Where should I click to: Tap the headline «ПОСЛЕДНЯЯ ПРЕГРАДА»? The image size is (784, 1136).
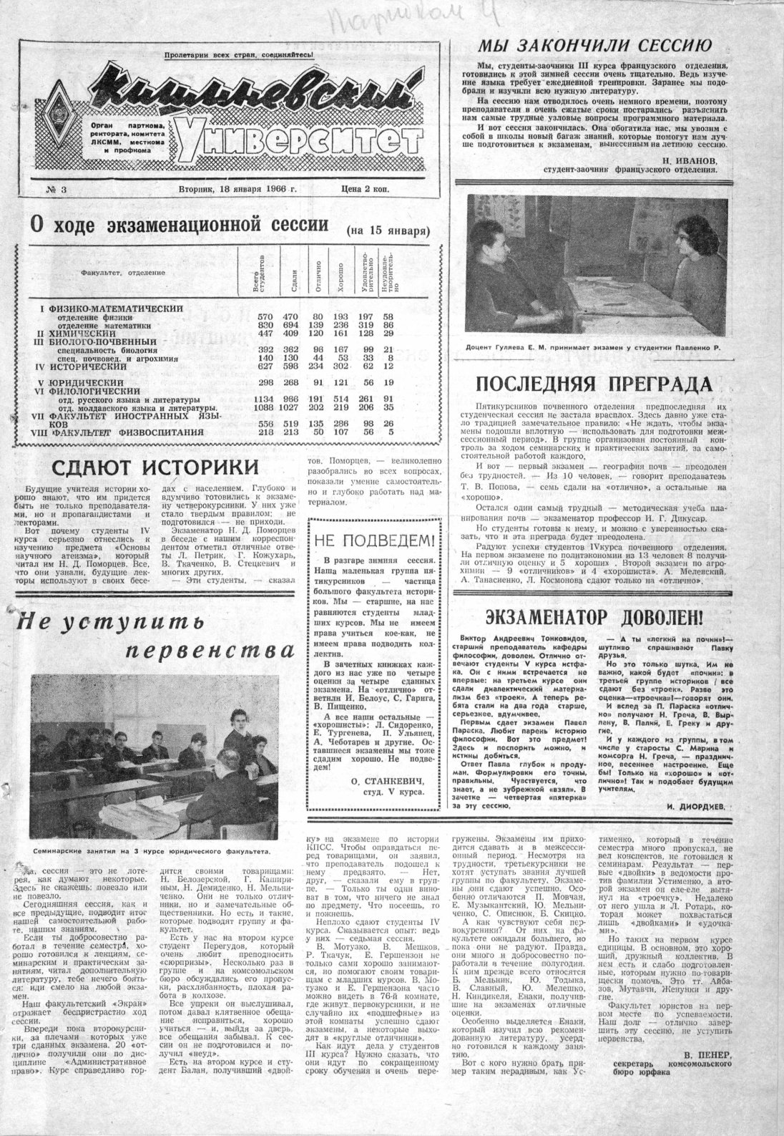(x=594, y=384)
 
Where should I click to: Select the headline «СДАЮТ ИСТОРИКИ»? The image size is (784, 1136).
(x=155, y=467)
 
